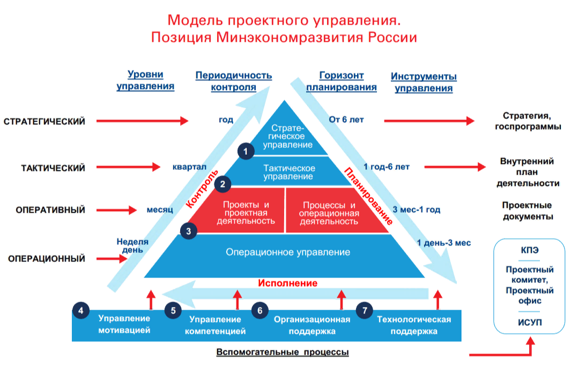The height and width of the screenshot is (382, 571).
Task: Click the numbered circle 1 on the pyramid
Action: pos(246,151)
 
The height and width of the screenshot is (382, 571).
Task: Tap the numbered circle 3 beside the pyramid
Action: pos(189,231)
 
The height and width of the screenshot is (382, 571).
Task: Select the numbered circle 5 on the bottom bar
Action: pos(173,310)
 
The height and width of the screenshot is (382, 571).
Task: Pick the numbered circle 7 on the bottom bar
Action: pos(365,310)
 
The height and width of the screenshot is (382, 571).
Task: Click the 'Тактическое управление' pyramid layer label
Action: pos(289,172)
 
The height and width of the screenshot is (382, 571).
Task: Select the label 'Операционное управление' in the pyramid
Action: pos(288,252)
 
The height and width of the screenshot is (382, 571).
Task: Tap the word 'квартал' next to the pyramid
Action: pos(189,167)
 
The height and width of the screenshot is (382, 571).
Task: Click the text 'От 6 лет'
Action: pos(346,119)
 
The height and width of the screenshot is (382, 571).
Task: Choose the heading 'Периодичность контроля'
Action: pos(233,81)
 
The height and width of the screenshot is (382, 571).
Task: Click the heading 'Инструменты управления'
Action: pos(424,82)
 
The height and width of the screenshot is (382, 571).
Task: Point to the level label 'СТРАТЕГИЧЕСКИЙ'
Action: pos(45,121)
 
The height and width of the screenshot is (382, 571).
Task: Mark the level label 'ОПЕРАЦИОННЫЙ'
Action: pos(47,259)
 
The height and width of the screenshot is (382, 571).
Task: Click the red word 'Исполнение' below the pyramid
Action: pos(288,283)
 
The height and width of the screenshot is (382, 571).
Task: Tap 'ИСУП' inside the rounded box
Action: pos(530,323)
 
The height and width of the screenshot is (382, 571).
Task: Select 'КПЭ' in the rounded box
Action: pos(530,250)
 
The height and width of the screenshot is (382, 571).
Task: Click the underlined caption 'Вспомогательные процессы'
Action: pos(283,352)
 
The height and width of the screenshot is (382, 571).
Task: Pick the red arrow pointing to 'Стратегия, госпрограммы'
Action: pos(429,121)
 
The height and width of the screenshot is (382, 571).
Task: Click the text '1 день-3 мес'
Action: pos(444,243)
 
